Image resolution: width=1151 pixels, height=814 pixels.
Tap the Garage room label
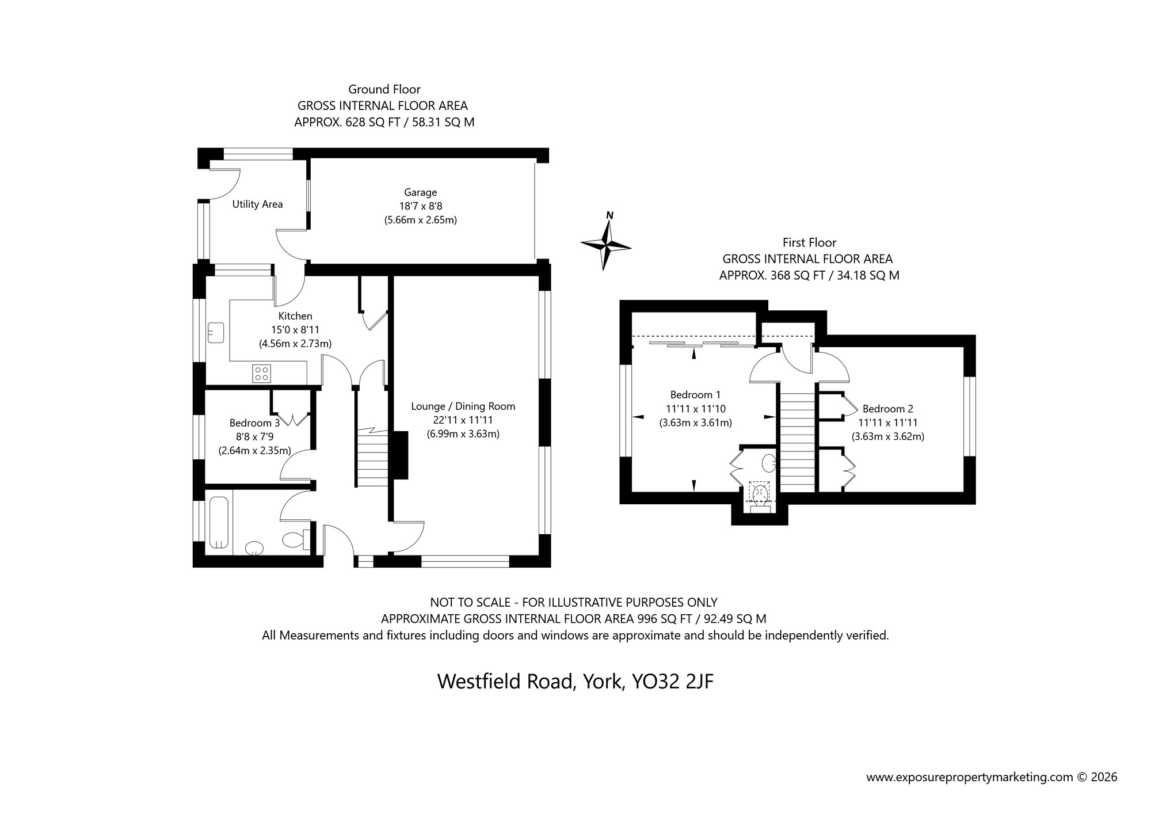point(420,192)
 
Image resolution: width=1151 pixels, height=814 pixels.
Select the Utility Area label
point(257,204)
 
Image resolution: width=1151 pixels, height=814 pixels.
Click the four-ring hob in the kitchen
point(261,373)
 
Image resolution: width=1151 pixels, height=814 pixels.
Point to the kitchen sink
point(216,333)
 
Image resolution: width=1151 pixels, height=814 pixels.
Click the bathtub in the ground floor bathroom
point(219,523)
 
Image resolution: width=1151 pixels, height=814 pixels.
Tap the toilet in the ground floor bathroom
point(296,539)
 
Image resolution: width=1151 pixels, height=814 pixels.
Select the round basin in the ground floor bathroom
point(254,548)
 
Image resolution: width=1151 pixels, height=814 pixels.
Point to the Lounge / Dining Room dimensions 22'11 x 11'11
point(463,420)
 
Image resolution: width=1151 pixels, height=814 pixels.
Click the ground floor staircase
point(371,458)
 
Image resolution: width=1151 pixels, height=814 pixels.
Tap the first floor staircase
point(798,438)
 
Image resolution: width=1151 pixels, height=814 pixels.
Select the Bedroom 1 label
point(695,395)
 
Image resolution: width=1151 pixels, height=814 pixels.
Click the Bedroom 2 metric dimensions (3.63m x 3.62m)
point(887,436)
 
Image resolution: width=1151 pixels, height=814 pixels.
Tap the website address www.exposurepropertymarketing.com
point(969,777)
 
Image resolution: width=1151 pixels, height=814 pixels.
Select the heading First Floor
point(809,242)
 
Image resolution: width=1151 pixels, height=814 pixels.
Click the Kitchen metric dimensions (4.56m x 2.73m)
point(295,344)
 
